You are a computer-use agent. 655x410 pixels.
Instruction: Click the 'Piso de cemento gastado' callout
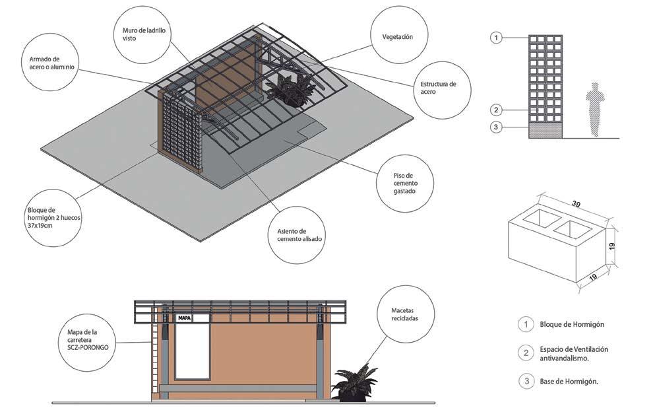(x=406, y=182)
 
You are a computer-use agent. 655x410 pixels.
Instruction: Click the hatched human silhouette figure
(x=595, y=109)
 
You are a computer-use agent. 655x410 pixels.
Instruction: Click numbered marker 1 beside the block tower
(x=495, y=38)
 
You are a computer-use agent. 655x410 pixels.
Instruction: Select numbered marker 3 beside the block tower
(x=495, y=127)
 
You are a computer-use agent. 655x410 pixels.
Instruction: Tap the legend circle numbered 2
(x=525, y=353)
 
